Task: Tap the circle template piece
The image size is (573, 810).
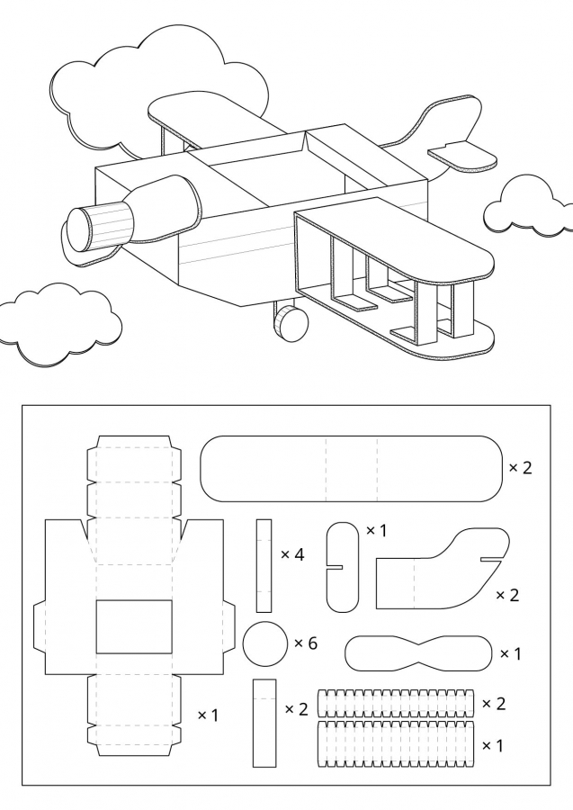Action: point(265,643)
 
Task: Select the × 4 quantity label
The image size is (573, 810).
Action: point(292,554)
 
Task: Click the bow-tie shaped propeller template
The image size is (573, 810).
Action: point(418,653)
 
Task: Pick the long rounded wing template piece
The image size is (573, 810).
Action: point(351,468)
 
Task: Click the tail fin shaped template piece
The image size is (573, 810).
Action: point(441,571)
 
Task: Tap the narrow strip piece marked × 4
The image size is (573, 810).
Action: point(264,565)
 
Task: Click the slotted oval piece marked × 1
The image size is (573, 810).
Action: point(342,566)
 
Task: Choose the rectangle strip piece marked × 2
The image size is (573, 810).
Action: point(264,722)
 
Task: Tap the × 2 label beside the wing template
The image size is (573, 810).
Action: point(520,468)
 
